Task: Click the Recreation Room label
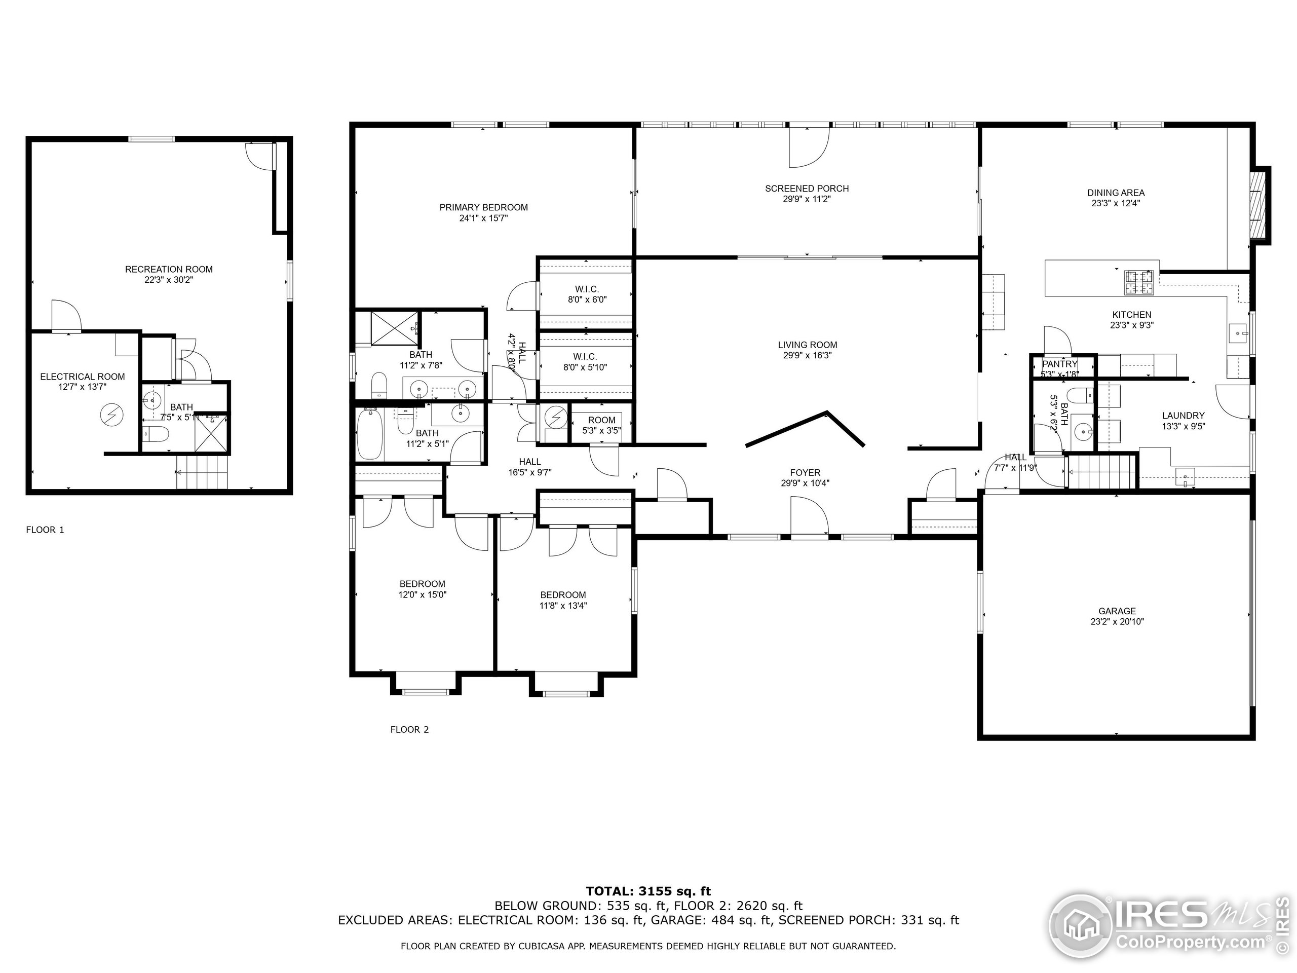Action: click(x=169, y=269)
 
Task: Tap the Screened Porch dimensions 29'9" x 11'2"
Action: click(x=807, y=199)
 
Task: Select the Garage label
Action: click(x=1117, y=611)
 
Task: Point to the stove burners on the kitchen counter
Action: click(x=1138, y=282)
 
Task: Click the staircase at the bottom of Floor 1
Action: click(x=202, y=473)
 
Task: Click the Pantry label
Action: click(x=1059, y=364)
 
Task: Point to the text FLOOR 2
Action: click(x=409, y=730)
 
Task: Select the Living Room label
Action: click(x=808, y=345)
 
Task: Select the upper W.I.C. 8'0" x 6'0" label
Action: click(x=586, y=289)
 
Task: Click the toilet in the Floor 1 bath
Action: click(x=156, y=434)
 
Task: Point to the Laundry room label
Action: click(x=1183, y=415)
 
